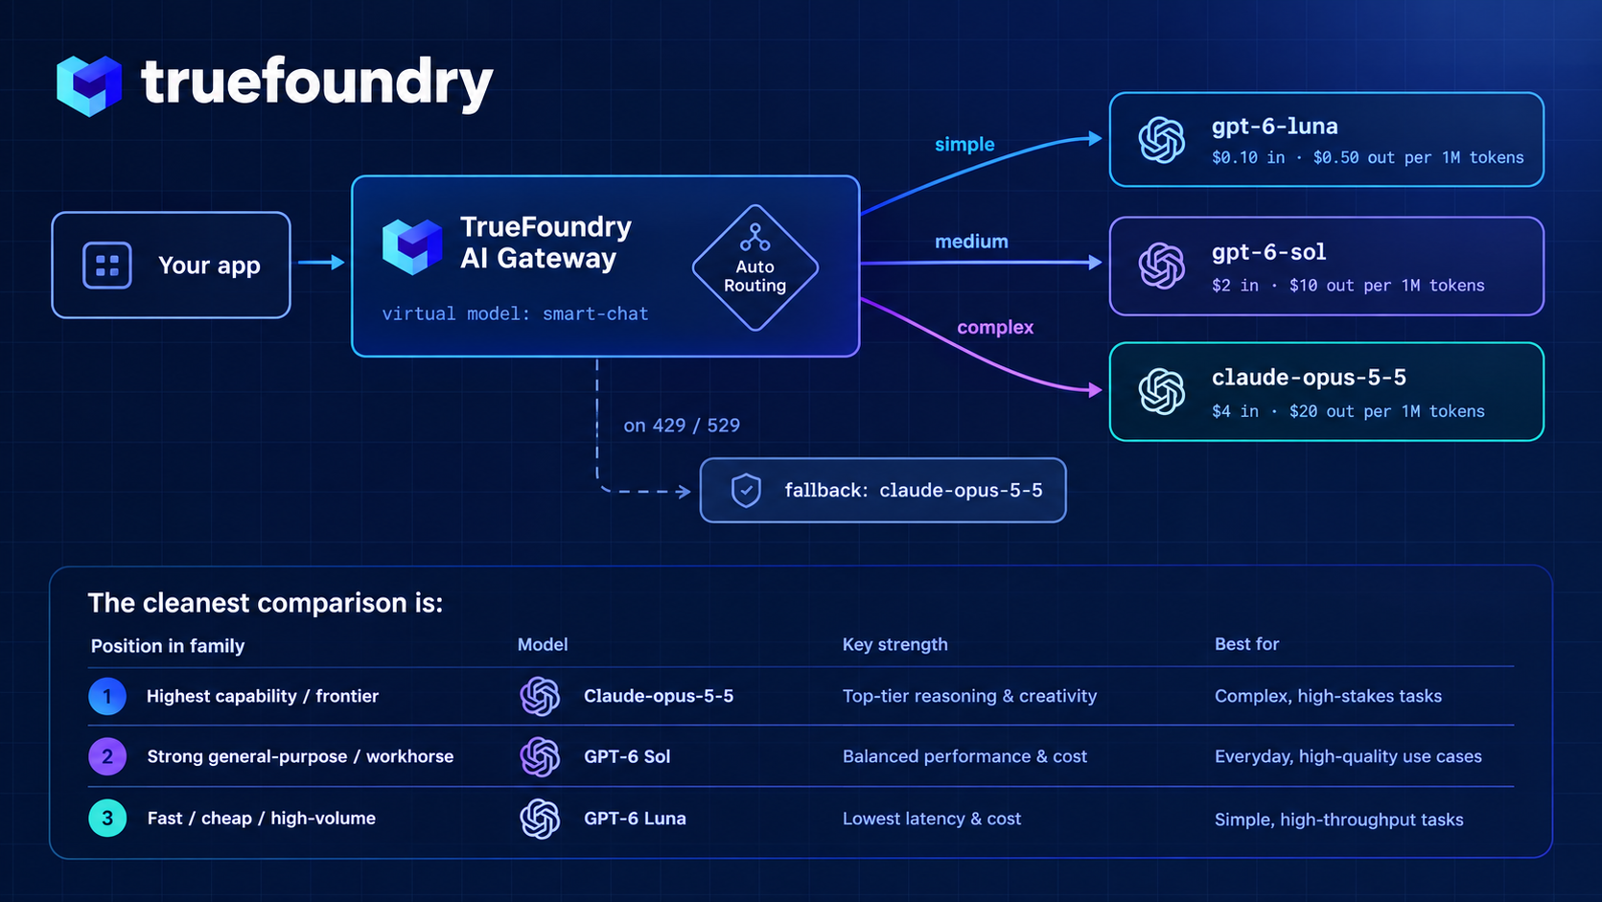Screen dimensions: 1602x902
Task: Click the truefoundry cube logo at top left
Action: coord(89,86)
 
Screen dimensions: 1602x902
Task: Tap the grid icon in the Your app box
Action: coord(107,266)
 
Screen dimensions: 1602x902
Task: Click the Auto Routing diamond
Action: coord(755,267)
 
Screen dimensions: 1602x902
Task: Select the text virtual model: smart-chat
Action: coord(515,314)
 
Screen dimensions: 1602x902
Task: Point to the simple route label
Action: coord(964,145)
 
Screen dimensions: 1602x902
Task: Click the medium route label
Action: coord(971,242)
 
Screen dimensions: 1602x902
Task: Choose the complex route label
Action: coord(995,328)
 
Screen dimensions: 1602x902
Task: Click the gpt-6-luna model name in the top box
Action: coord(1274,127)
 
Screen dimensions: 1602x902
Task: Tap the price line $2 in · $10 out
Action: coord(1348,286)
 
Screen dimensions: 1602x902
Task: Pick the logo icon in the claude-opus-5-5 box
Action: coord(1161,391)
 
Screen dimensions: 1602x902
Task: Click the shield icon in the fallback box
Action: coord(746,491)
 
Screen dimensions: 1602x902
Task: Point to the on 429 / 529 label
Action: coord(682,426)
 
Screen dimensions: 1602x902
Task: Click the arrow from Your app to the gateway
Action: coord(321,264)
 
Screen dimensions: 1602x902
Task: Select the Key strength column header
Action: coord(894,644)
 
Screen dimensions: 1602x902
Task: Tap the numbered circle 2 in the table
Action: coord(107,757)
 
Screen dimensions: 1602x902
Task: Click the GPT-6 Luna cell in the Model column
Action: coord(635,819)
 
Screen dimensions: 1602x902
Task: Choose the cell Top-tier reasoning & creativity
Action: coord(970,696)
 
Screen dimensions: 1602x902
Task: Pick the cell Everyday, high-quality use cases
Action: coord(1348,757)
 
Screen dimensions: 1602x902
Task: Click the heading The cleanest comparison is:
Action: coord(266,603)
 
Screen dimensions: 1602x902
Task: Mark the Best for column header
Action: coord(1246,644)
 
